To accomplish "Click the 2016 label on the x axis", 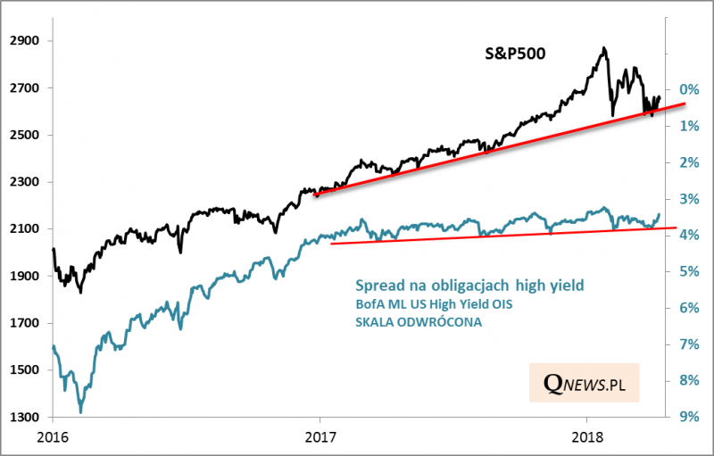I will coord(53,437).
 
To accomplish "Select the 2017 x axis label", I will coord(320,437).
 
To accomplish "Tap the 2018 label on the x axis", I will coord(586,437).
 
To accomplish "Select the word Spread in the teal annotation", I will coord(378,286).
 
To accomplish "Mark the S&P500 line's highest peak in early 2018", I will coord(604,48).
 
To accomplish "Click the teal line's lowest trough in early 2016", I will coord(81,411).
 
